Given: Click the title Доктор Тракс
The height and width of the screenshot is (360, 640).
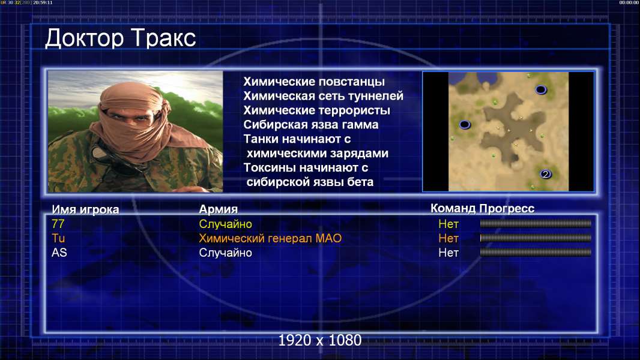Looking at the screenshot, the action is [x=121, y=38].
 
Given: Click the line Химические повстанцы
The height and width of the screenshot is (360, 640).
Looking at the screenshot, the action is [x=314, y=82].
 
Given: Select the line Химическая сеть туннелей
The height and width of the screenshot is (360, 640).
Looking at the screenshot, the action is [x=323, y=96].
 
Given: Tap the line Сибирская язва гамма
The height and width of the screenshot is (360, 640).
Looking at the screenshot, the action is [x=310, y=124].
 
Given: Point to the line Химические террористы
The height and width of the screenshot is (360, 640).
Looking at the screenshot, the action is [x=317, y=110].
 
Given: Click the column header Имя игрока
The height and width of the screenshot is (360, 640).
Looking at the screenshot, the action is [x=85, y=209].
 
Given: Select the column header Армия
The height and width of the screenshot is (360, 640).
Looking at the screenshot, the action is [x=218, y=209].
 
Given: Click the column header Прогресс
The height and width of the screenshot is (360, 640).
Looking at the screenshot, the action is [x=507, y=208].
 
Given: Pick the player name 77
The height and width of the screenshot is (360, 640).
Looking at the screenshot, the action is [x=58, y=224].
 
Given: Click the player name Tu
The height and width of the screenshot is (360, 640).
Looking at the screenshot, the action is [x=58, y=238].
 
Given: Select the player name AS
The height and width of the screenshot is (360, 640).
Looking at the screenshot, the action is [x=59, y=253].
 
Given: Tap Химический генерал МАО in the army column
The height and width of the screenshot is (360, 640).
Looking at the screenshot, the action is [x=270, y=238].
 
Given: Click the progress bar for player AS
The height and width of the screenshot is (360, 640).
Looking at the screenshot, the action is [x=536, y=253].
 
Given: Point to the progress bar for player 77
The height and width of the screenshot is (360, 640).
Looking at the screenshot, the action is [x=536, y=223].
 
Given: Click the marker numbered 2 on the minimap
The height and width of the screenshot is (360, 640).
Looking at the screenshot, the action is [x=546, y=175].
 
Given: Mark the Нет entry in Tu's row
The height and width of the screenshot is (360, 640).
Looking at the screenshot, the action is [x=448, y=238].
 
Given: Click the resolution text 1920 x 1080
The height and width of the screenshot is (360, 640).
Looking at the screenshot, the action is [x=320, y=340].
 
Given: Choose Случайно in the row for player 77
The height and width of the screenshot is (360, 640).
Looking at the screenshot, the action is [x=225, y=224].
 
